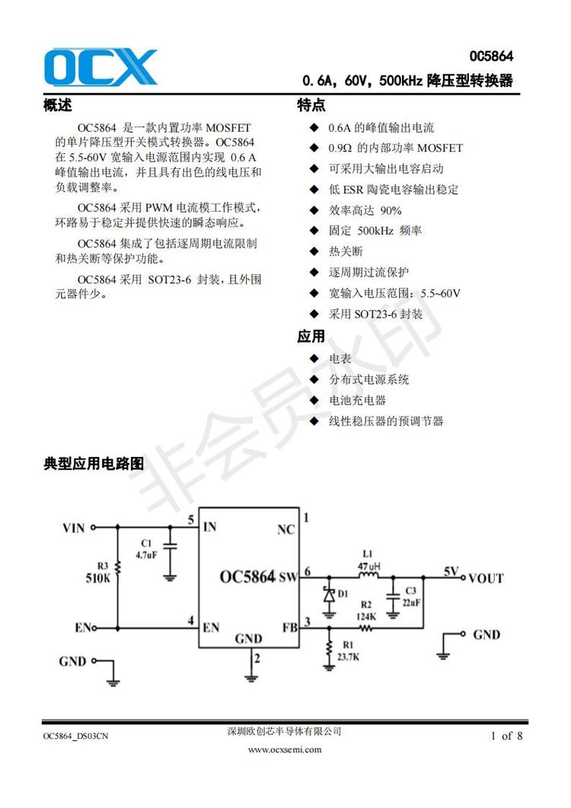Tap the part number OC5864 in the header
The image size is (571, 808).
point(490,57)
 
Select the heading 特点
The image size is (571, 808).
point(311,106)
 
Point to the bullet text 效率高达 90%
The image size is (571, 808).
point(365,210)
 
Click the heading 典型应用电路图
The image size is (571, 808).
point(94,463)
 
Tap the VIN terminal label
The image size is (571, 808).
point(73,526)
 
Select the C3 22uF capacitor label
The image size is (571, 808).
point(410,596)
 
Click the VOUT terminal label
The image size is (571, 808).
point(486,578)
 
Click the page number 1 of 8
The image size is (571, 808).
point(507,736)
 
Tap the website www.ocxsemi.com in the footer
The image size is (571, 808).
point(285,749)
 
